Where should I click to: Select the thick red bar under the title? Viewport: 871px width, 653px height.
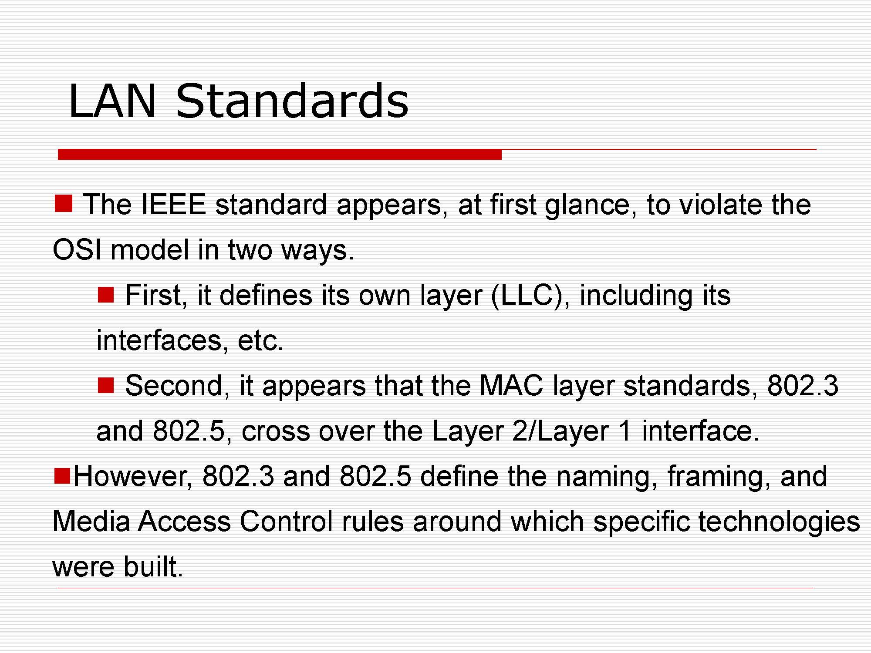(x=280, y=154)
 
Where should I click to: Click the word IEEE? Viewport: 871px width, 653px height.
(x=174, y=204)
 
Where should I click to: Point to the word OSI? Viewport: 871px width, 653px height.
(x=77, y=250)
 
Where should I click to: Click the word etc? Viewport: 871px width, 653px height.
(x=260, y=340)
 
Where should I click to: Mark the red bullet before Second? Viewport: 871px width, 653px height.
(x=105, y=385)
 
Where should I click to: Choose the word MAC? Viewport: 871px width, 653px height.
(x=511, y=385)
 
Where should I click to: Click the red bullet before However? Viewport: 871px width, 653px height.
(x=62, y=475)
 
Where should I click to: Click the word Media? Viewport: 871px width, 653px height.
(x=91, y=521)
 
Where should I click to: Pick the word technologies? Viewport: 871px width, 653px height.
(x=779, y=522)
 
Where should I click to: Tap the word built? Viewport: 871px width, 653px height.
(x=153, y=566)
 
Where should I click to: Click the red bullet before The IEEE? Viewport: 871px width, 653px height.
(x=63, y=204)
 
